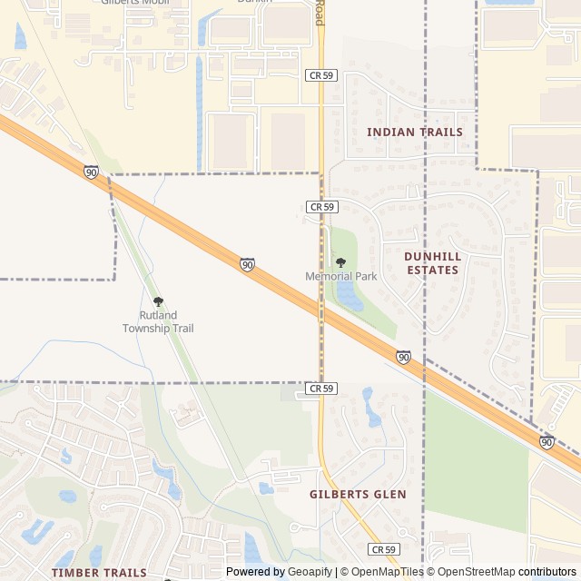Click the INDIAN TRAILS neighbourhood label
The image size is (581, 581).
click(415, 132)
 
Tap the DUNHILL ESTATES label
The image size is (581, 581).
click(433, 263)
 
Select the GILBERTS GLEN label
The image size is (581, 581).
click(358, 494)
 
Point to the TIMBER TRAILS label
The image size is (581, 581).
click(99, 573)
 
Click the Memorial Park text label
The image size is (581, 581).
click(341, 276)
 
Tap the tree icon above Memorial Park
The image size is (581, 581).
click(341, 262)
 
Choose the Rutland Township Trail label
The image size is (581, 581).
click(158, 321)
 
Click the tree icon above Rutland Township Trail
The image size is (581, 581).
click(158, 301)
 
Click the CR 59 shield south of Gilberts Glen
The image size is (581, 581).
click(384, 549)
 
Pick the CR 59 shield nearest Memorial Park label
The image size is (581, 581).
click(322, 207)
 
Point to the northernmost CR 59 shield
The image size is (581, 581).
click(322, 75)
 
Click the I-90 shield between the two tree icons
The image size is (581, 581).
click(247, 264)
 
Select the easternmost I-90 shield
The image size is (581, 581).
click(547, 441)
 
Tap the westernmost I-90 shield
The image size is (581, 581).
click(91, 172)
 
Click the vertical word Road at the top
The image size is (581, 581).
click(320, 12)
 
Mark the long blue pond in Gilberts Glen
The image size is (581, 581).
click(371, 408)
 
